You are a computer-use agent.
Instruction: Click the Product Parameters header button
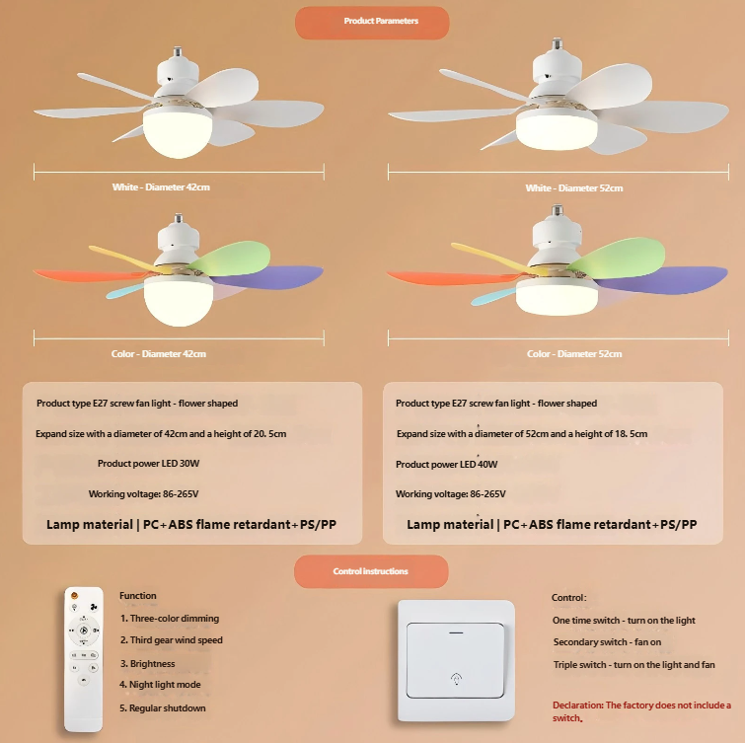pos(372,22)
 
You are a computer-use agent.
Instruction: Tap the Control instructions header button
pos(371,571)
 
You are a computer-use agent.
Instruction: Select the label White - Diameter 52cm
pos(574,187)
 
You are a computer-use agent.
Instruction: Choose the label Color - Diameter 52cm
pos(574,353)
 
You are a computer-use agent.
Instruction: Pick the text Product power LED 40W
pos(447,464)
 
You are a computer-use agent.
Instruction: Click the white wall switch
pos(455,661)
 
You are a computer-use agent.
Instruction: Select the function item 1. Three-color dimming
pos(169,619)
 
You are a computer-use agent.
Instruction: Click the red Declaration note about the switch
pos(641,711)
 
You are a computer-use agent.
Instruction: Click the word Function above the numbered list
pos(137,596)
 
